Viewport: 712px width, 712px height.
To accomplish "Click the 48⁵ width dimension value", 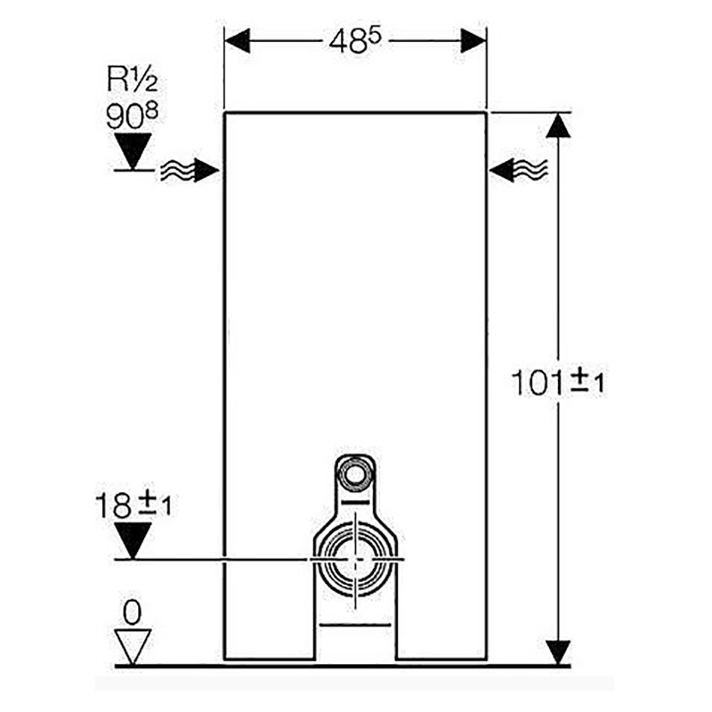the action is point(355,42).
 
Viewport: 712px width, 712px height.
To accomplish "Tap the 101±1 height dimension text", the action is point(558,382).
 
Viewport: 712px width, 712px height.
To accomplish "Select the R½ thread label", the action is point(132,79).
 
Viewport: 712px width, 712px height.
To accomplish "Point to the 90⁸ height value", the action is point(132,116).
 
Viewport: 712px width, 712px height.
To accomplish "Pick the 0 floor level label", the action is point(132,612).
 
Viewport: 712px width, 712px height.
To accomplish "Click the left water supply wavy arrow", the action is point(190,171).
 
